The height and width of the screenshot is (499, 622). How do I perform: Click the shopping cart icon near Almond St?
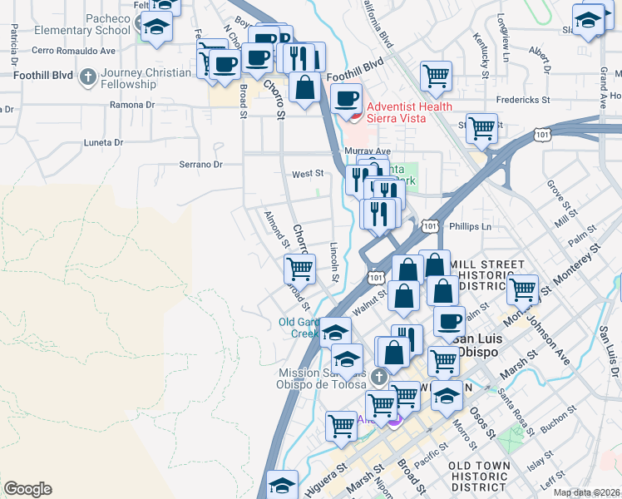[299, 269]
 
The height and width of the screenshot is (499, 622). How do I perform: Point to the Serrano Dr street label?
[200, 165]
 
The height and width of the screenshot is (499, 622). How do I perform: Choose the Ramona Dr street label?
[133, 106]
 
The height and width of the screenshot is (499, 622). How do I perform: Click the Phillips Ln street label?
[470, 226]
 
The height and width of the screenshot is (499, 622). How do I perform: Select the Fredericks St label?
[523, 100]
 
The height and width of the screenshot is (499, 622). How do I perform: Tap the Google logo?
[27, 489]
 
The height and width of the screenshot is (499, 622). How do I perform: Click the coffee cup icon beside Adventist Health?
[347, 99]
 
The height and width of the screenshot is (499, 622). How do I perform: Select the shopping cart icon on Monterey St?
[522, 290]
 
